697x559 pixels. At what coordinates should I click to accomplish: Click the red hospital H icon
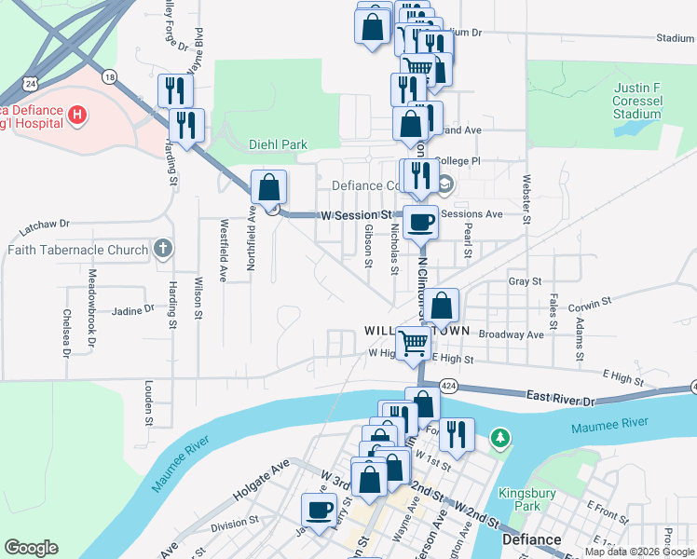click(78, 116)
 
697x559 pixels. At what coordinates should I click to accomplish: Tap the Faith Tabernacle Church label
click(77, 250)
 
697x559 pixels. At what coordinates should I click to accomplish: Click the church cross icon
click(163, 248)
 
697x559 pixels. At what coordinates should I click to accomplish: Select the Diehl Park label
click(278, 144)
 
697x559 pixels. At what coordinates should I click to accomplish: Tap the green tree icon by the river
click(501, 436)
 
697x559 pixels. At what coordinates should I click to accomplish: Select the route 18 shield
click(111, 77)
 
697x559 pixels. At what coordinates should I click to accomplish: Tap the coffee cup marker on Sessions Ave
click(421, 223)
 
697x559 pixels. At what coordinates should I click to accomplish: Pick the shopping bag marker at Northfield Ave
click(268, 187)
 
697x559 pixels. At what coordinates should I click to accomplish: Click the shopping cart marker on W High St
click(413, 342)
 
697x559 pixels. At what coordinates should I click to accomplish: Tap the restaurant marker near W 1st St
click(457, 434)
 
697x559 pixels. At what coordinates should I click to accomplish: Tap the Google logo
click(31, 548)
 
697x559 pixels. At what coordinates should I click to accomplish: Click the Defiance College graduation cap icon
click(446, 184)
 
